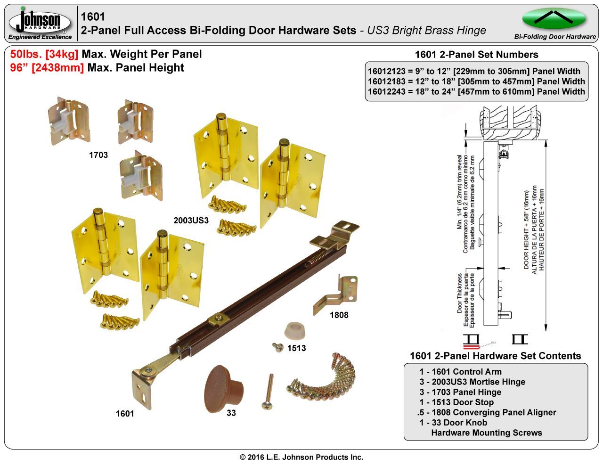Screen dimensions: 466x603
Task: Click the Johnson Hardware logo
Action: point(40,23)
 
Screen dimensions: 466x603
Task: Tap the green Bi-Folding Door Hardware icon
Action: point(554,19)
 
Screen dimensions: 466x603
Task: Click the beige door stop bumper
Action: point(296,330)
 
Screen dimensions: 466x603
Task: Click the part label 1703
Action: point(98,155)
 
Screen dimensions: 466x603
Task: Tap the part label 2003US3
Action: point(191,220)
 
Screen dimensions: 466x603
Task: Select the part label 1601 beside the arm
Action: point(125,413)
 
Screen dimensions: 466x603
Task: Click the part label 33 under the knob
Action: point(231,413)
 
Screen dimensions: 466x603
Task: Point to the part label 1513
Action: point(296,348)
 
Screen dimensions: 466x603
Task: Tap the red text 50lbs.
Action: point(26,54)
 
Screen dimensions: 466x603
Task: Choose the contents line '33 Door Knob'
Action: point(453,423)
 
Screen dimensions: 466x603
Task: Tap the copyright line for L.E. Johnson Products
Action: point(301,457)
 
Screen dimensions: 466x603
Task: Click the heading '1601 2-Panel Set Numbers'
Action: point(476,55)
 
